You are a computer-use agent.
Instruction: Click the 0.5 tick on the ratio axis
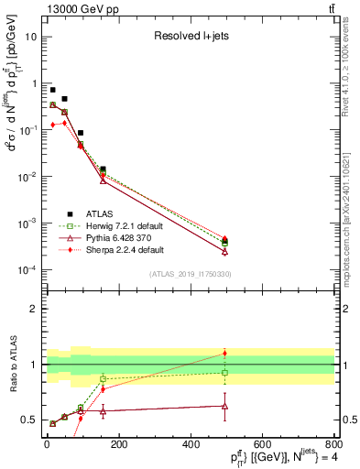coord(31,420)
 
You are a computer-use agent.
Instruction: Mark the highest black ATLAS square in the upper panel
coord(53,91)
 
